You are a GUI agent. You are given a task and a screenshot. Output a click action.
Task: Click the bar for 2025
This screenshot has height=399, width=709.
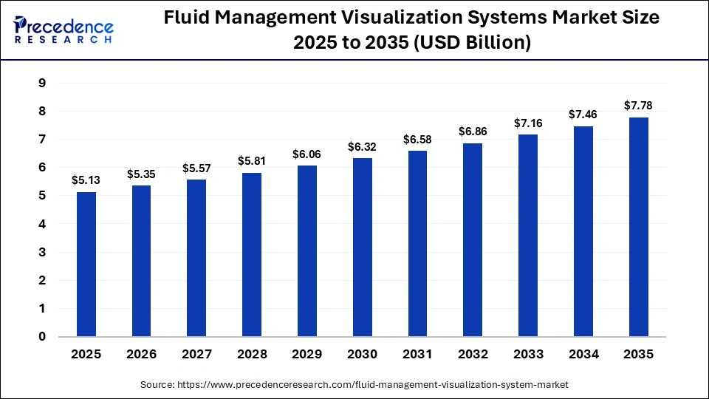[86, 265]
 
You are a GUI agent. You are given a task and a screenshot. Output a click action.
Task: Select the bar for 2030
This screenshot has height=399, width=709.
[363, 248]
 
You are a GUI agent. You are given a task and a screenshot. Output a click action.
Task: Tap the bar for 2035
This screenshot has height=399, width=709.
[639, 227]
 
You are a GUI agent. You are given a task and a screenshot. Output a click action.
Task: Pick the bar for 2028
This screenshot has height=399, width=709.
[252, 255]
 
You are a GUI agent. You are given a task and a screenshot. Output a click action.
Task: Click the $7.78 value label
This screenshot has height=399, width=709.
[639, 106]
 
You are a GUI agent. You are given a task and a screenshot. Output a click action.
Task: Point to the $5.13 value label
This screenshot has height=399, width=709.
[86, 180]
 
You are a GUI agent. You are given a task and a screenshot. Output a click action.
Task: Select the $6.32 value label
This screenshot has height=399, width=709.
[363, 146]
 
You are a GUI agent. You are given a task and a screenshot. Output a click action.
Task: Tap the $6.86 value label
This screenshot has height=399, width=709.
[473, 131]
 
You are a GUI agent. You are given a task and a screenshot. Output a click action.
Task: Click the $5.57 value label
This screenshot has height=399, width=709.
[197, 168]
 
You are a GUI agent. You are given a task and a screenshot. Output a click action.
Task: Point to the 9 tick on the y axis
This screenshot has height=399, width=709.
[42, 83]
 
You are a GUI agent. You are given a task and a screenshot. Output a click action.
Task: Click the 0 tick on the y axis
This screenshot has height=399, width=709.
[42, 337]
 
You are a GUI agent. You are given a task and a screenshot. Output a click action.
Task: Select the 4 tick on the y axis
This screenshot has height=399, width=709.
[42, 224]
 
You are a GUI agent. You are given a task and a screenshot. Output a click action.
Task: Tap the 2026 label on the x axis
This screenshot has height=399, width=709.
[142, 355]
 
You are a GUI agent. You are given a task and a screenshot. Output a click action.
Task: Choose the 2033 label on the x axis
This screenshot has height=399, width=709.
[528, 355]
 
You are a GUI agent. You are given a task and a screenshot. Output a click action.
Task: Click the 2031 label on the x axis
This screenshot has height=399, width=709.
[418, 355]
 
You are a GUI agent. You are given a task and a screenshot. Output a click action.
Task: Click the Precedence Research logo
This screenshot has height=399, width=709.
[64, 30]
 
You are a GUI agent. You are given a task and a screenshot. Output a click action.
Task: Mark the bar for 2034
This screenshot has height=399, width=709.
[583, 231]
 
